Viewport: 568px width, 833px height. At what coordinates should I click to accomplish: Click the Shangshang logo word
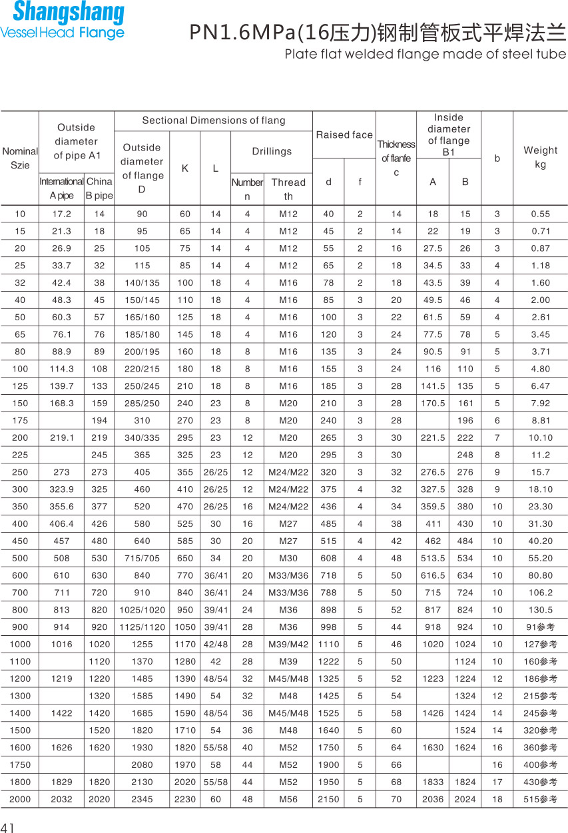[x=68, y=13]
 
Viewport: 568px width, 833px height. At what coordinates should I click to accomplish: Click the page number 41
[x=8, y=827]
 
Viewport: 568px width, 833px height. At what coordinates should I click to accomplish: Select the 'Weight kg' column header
[x=540, y=157]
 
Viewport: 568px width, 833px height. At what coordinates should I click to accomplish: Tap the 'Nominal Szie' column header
[x=20, y=158]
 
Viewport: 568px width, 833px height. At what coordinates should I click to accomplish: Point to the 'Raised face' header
[x=344, y=135]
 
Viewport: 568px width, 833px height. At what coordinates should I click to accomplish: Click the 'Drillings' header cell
[x=272, y=151]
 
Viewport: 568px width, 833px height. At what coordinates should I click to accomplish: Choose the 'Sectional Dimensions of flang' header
[x=213, y=121]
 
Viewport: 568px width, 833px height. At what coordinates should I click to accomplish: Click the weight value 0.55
[x=540, y=214]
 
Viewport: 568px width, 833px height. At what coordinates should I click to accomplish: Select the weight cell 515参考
[x=540, y=799]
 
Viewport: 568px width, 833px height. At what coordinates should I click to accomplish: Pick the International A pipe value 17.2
[x=61, y=214]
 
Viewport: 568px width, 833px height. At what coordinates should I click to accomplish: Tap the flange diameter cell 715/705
[x=142, y=557]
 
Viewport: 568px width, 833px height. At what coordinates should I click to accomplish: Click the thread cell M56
[x=288, y=799]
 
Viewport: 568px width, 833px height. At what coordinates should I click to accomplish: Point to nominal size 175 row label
[x=20, y=420]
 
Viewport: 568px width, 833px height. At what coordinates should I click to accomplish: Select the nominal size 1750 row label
[x=20, y=764]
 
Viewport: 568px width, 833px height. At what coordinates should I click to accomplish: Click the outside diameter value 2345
[x=142, y=799]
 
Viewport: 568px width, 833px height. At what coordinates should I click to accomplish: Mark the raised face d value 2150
[x=328, y=799]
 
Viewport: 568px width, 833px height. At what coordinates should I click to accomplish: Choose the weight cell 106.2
[x=540, y=592]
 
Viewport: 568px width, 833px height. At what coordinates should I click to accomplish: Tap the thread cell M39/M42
[x=288, y=644]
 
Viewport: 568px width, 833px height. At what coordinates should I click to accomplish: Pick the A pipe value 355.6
[x=61, y=506]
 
